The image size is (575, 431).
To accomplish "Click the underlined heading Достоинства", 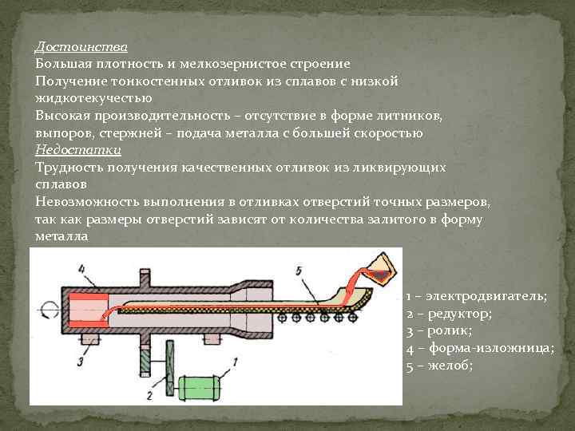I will pyautogui.click(x=81, y=45).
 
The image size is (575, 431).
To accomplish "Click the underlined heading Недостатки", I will pyautogui.click(x=77, y=150).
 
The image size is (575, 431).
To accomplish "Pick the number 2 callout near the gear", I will pyautogui.click(x=149, y=396).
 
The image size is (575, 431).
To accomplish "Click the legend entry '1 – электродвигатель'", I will pyautogui.click(x=477, y=295).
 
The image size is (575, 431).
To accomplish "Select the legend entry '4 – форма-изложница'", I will pyautogui.click(x=480, y=347).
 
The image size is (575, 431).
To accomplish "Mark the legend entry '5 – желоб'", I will pyautogui.click(x=440, y=365).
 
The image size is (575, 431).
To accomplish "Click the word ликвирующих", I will pyautogui.click(x=406, y=168).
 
